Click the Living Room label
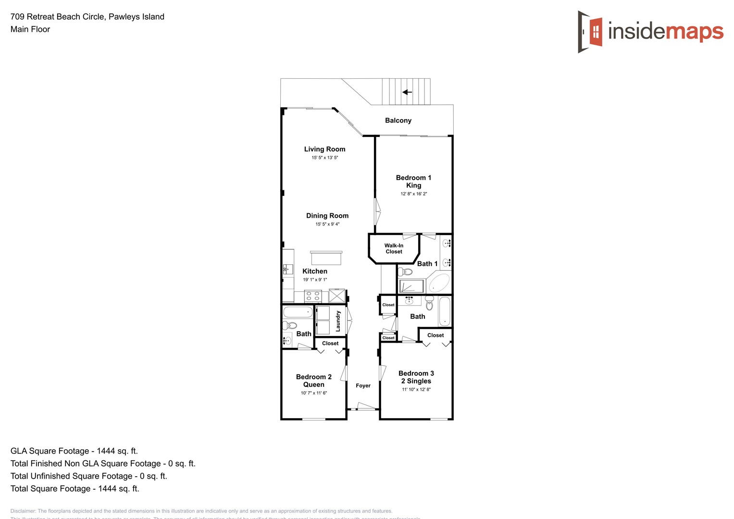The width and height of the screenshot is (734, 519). (x=324, y=149)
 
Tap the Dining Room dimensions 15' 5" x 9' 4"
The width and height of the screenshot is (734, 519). (x=327, y=224)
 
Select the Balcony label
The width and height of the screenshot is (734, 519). (x=398, y=121)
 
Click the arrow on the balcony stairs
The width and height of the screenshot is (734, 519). (x=407, y=92)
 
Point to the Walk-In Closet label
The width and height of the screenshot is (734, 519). (x=394, y=248)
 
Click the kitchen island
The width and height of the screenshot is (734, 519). (x=326, y=258)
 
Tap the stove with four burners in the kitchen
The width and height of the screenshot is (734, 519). (x=313, y=296)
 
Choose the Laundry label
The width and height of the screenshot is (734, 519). (x=338, y=321)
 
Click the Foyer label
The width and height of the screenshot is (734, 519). (x=363, y=385)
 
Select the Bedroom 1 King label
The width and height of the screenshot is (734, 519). (x=413, y=182)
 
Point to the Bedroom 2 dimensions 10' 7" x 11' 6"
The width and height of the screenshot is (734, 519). (x=314, y=393)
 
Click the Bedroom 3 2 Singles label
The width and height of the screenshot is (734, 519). (x=416, y=377)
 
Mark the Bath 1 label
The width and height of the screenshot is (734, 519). (x=427, y=264)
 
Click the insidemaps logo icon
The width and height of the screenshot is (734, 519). (x=590, y=32)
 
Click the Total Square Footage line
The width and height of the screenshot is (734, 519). (x=75, y=489)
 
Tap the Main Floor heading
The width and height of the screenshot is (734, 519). (x=30, y=29)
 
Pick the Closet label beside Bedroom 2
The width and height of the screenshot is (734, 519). (x=330, y=343)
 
